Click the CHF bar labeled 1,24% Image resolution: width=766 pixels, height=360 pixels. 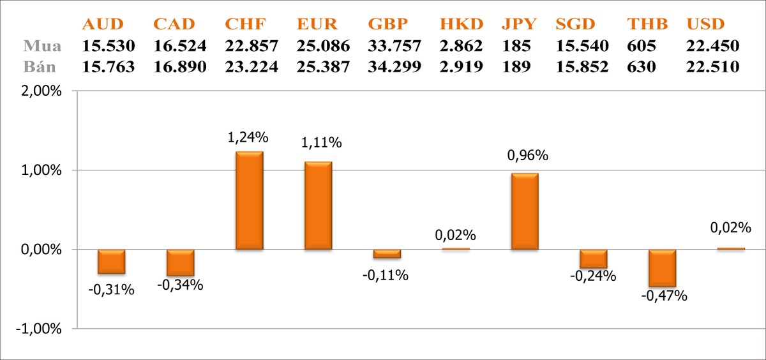pos(249,200)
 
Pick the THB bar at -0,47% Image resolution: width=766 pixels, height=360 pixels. pos(662,268)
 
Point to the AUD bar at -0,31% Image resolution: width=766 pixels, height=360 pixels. pos(111,262)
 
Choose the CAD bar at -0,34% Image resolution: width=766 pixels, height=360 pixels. pos(180,262)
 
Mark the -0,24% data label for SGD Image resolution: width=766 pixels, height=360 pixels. pos(593,276)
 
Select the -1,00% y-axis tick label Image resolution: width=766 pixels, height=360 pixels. pos(39,329)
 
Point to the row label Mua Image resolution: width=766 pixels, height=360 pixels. pos(43,47)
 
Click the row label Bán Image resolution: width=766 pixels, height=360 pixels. pos(43,66)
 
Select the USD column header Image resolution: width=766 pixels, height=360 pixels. pos(705,25)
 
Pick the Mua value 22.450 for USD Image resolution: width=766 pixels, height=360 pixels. pos(713,47)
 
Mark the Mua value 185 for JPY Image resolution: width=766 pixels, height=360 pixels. pos(515,47)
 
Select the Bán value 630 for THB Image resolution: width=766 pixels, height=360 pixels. pos(642,66)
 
